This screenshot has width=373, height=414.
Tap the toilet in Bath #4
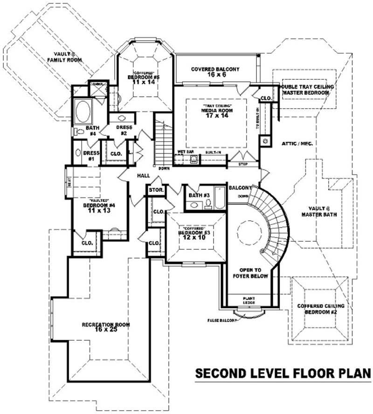click(77, 132)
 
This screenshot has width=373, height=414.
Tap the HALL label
click(143, 175)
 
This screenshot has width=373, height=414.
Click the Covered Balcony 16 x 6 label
click(215, 72)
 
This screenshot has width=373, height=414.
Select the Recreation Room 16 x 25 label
click(106, 327)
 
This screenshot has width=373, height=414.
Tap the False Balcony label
click(222, 321)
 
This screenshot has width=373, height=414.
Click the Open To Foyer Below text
click(253, 273)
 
